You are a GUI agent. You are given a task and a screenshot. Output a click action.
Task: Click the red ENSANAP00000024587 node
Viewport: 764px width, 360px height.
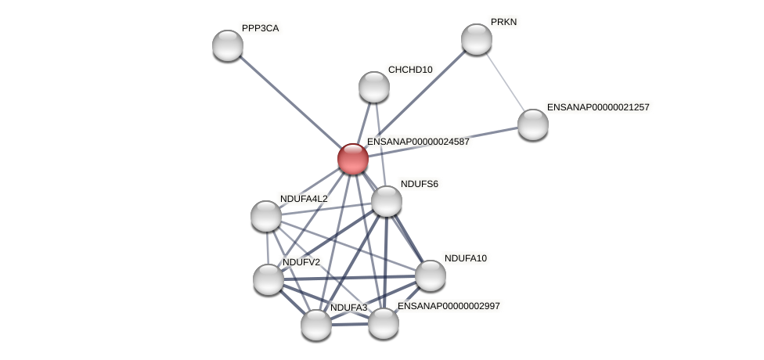click(x=353, y=159)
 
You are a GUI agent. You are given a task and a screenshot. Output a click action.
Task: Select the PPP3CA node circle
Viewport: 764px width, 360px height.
click(x=228, y=45)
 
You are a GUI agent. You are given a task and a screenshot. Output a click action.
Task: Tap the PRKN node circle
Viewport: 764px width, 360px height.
click(x=477, y=39)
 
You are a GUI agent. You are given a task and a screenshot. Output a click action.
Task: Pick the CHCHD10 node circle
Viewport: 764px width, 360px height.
click(x=374, y=87)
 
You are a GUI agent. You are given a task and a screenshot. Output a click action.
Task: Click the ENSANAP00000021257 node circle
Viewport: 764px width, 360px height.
click(x=533, y=124)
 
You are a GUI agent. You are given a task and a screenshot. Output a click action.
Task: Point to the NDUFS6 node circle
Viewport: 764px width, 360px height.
click(x=387, y=201)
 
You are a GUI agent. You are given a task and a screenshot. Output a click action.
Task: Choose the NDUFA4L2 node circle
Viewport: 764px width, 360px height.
click(x=266, y=216)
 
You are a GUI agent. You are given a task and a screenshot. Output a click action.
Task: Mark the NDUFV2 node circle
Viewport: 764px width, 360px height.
click(x=268, y=279)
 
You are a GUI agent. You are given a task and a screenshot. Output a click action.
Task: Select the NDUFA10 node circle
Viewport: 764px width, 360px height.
click(x=431, y=275)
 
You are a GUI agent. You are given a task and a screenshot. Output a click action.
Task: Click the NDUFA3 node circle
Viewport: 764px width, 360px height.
click(x=316, y=325)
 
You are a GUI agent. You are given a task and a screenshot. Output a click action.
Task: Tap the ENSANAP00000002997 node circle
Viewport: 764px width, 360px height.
click(x=384, y=323)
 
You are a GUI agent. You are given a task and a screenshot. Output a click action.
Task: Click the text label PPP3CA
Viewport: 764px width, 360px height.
click(x=260, y=28)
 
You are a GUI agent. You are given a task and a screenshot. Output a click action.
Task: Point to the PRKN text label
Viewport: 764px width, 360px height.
click(x=503, y=22)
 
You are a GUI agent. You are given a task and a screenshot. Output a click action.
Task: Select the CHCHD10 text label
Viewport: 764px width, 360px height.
click(x=410, y=70)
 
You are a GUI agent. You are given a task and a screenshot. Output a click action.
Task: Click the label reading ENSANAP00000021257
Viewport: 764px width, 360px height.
click(x=598, y=107)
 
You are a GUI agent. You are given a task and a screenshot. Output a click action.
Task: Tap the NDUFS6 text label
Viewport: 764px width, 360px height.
click(x=420, y=184)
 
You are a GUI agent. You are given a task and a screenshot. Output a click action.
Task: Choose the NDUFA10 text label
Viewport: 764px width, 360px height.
click(x=466, y=258)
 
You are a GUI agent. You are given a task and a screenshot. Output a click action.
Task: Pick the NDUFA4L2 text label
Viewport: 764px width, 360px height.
click(x=304, y=199)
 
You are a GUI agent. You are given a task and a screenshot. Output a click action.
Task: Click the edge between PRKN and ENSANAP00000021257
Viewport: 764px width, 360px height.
click(x=505, y=81)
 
